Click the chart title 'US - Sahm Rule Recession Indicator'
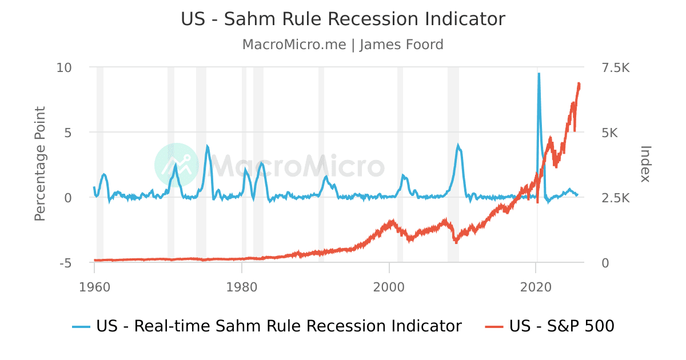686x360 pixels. pos(343,19)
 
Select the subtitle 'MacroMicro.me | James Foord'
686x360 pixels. pos(343,45)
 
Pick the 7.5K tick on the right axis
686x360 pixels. pos(613,67)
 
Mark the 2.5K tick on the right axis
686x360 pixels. pos(613,198)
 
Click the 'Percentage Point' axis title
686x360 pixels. pos(40,164)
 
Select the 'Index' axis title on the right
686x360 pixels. pos(645,164)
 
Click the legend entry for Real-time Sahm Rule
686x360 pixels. pos(268,326)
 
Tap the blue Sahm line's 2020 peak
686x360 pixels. pos(539,74)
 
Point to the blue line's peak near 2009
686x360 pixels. pos(458,145)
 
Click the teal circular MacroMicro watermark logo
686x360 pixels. pos(177,165)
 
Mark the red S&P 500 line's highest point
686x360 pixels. pos(579,83)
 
